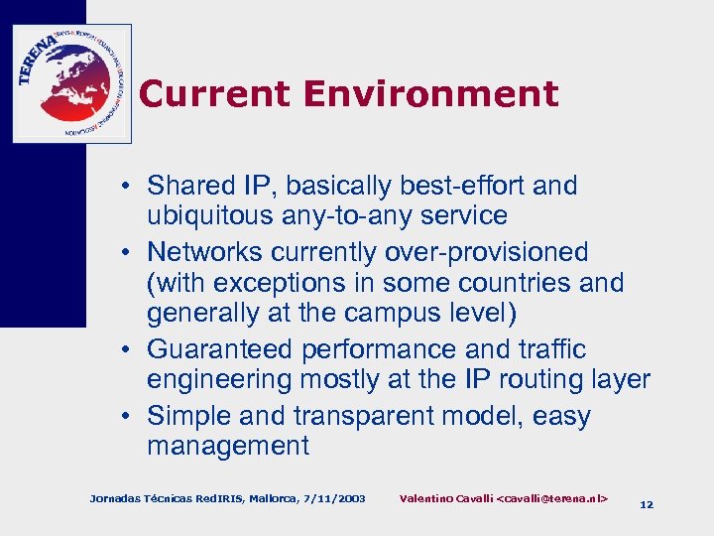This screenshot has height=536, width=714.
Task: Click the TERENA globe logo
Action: tap(71, 83)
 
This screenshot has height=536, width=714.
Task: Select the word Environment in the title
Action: tap(431, 94)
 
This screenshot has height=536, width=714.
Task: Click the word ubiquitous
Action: tap(210, 216)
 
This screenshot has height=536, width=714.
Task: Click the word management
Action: tap(228, 447)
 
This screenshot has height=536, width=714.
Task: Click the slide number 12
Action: tap(647, 504)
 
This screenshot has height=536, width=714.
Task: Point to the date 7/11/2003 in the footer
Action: tap(332, 497)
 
